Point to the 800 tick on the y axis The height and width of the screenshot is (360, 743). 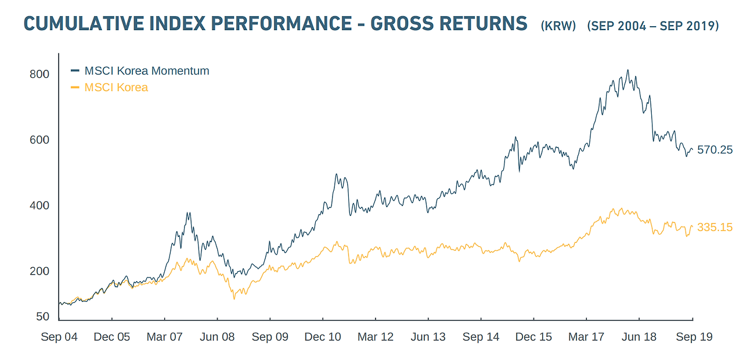pos(40,74)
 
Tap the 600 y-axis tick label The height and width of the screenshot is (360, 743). pos(40,140)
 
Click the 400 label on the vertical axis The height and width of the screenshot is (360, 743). pos(40,206)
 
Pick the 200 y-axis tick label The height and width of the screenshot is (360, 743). pos(40,271)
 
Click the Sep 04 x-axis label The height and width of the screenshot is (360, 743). pos(59,337)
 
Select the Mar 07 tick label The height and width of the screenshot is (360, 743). pos(165,337)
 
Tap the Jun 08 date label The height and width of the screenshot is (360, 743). pos(217,337)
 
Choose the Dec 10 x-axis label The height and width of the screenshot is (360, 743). pos(323,337)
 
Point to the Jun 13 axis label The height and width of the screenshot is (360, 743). pos(428,337)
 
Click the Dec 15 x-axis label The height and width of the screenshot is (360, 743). pos(533,337)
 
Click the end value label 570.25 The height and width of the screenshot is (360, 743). pos(715,150)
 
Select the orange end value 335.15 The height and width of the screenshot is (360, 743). pos(715,228)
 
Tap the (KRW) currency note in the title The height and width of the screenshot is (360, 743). pos(558,26)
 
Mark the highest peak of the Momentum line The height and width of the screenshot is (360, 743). pos(627,70)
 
